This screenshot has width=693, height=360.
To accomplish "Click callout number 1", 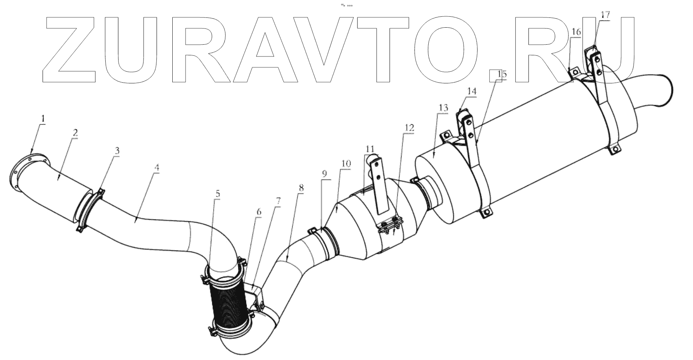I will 43,119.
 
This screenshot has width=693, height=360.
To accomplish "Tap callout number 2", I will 75,133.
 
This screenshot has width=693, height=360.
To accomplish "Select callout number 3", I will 117,150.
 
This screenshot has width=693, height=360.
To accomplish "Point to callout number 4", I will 157,167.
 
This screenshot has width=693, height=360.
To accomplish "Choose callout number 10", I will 346,164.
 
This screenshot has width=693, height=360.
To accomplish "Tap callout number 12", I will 409,128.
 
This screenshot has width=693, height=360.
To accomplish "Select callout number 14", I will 472,91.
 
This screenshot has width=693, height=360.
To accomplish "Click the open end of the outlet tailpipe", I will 665,90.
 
